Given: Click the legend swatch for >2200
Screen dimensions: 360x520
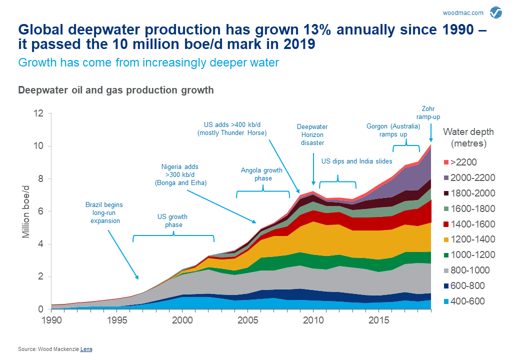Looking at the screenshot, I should tap(446, 162).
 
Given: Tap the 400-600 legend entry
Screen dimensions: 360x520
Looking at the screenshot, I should tap(467, 301).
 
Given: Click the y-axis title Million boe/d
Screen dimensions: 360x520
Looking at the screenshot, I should tap(26, 211).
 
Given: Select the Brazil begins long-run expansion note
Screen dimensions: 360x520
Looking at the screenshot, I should tap(104, 212).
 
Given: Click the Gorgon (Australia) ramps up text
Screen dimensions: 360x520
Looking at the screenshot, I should tap(393, 130).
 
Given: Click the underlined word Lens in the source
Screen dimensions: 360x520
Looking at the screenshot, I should tap(86, 349).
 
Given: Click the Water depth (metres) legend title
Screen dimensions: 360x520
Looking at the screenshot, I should tap(468, 137).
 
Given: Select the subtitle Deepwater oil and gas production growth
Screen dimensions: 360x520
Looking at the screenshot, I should tap(116, 90).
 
